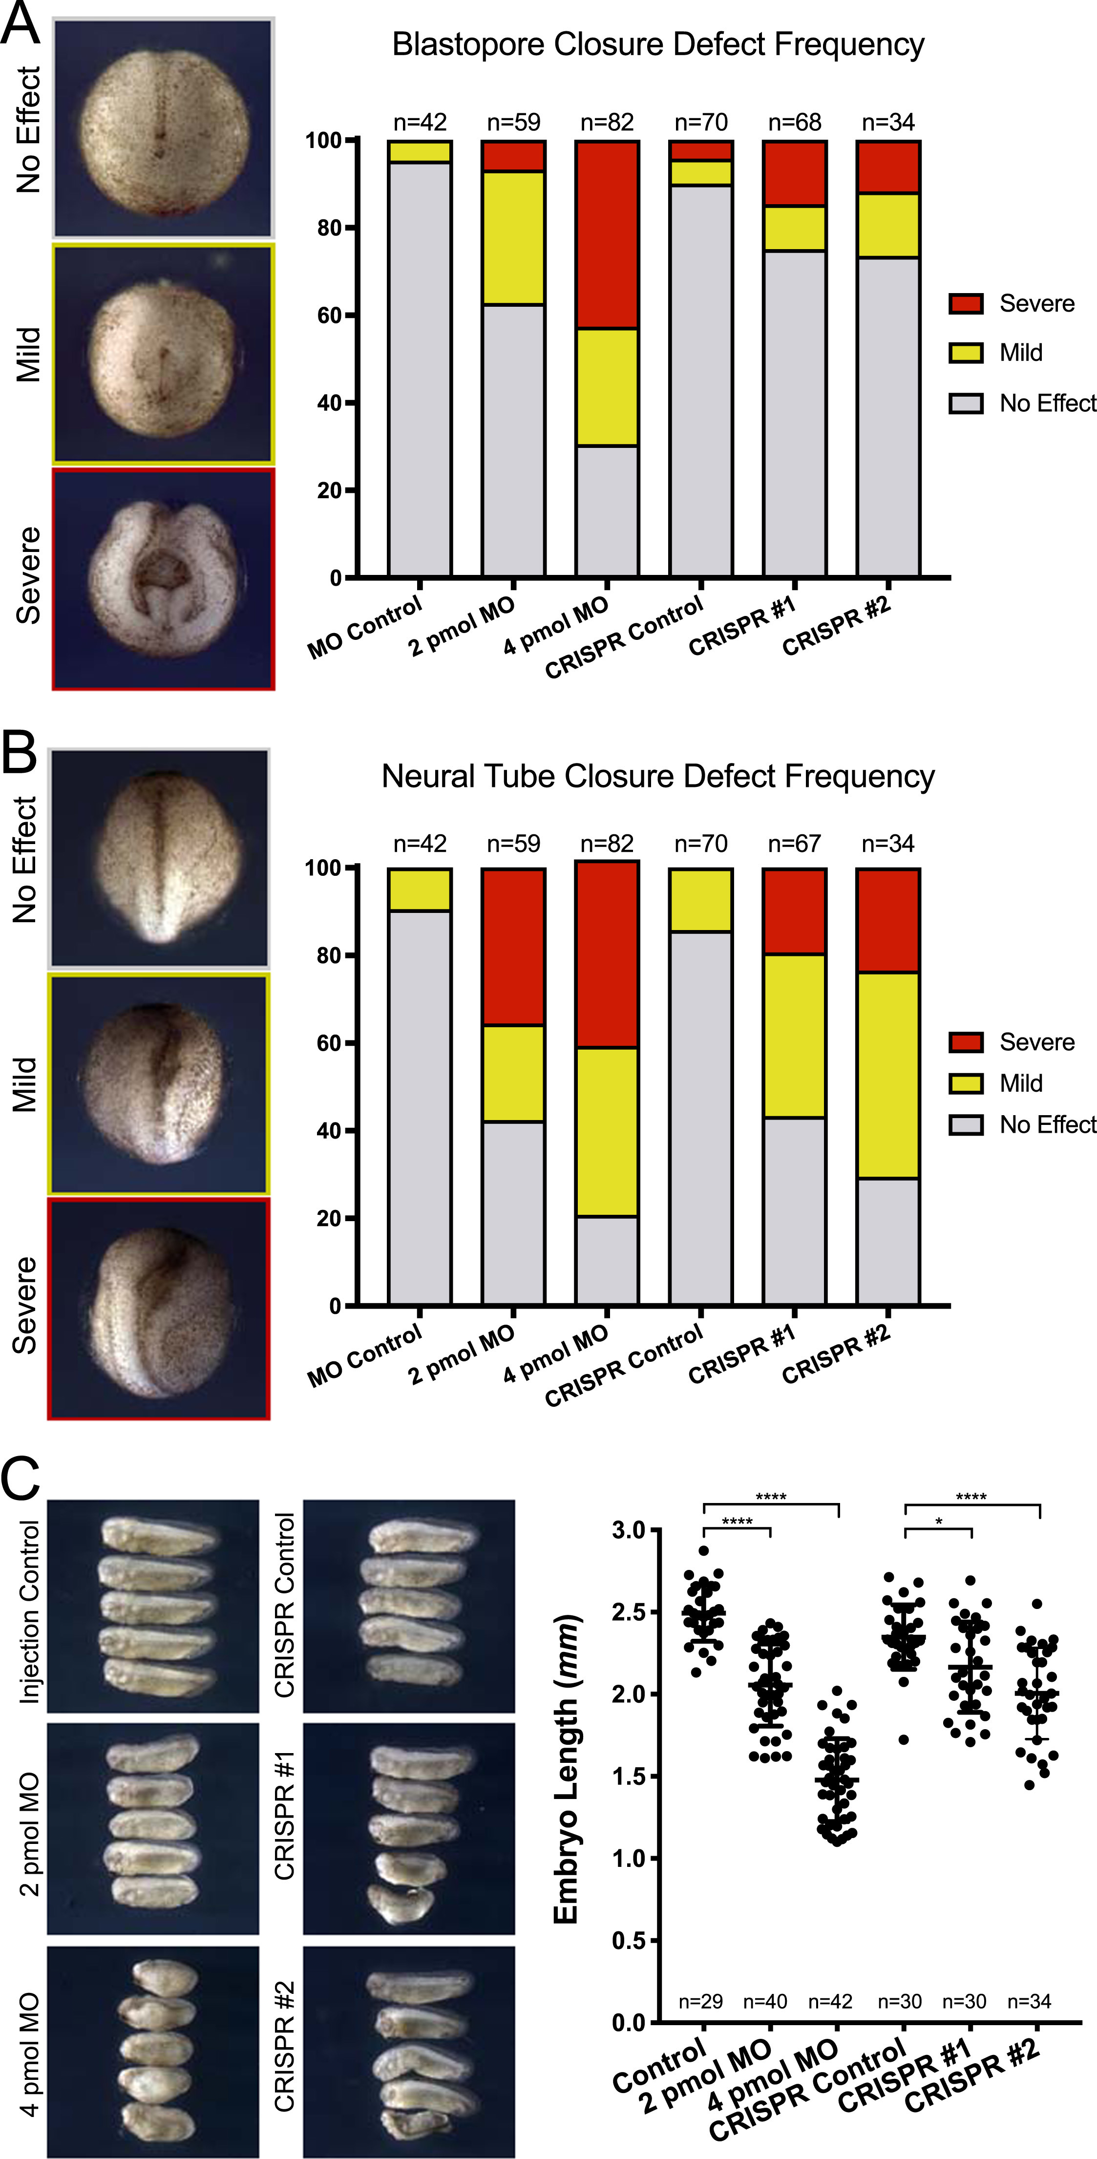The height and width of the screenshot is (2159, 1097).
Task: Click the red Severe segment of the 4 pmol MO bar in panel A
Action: tap(607, 234)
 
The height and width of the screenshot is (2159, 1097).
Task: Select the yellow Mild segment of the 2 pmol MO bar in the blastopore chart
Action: tap(513, 238)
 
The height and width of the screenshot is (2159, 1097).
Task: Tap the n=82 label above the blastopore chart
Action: tap(607, 123)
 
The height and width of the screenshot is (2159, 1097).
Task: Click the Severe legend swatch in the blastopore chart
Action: tap(966, 303)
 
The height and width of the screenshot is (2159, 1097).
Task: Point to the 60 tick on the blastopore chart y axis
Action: tap(329, 315)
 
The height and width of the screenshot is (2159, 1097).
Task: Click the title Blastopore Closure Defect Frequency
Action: tap(658, 44)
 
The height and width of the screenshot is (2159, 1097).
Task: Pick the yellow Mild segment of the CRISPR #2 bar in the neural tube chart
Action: tap(887, 1075)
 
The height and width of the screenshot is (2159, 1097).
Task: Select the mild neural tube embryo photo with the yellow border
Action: tap(158, 1084)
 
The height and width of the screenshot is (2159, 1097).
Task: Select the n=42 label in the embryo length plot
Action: tap(830, 2001)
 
